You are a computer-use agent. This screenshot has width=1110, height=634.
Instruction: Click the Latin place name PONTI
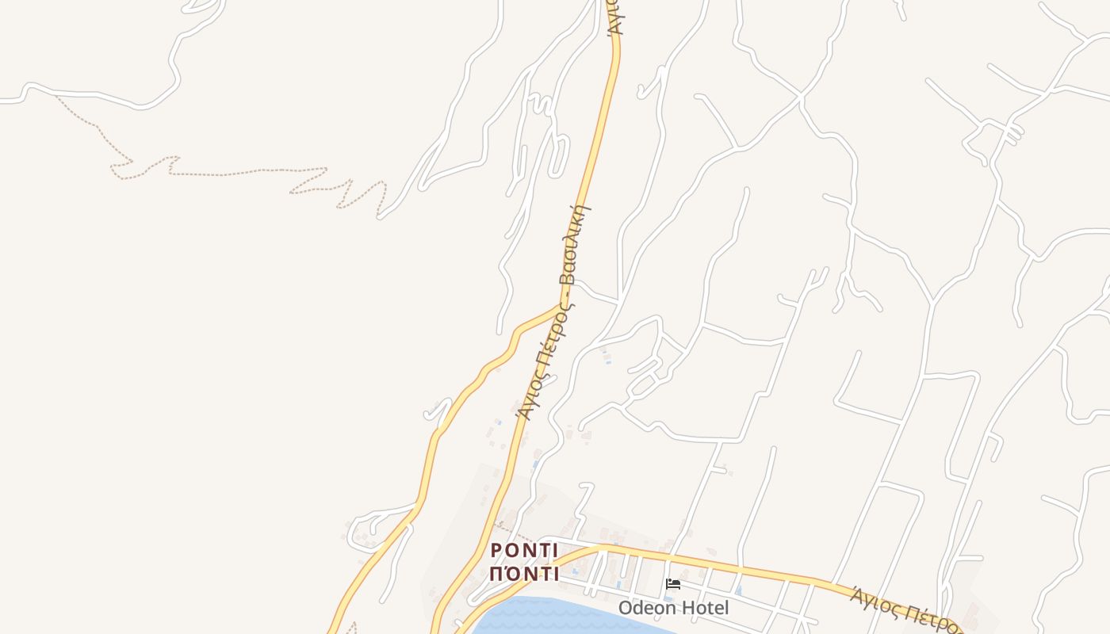(x=524, y=551)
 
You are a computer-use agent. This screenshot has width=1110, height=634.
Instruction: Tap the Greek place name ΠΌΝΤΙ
(x=524, y=573)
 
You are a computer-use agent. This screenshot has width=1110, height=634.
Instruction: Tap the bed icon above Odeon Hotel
(x=673, y=585)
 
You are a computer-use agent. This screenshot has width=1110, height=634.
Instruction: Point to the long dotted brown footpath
(x=238, y=172)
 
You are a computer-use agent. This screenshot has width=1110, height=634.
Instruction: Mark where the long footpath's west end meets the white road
(x=57, y=96)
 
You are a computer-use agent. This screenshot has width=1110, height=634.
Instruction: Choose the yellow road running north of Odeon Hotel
(x=714, y=563)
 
